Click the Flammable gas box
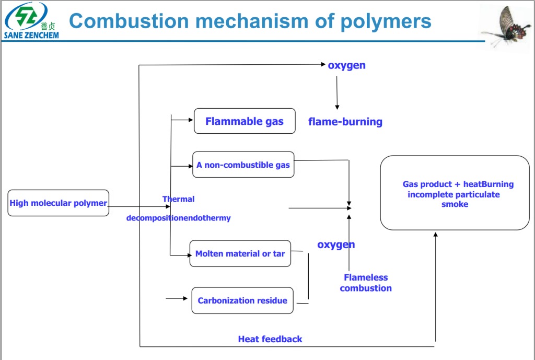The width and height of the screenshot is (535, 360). [x=245, y=121]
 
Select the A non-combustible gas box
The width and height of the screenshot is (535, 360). [x=243, y=165]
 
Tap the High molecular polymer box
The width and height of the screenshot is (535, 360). [x=59, y=203]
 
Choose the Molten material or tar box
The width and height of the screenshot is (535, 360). [x=240, y=253]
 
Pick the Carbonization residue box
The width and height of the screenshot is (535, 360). [x=242, y=300]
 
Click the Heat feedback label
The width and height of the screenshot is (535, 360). [x=270, y=339]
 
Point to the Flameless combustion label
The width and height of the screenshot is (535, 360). [x=366, y=283]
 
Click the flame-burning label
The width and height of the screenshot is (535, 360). [x=345, y=122]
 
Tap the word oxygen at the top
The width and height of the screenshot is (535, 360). [x=346, y=65]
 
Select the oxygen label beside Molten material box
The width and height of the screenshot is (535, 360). [x=336, y=245]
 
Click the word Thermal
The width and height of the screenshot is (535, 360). [x=178, y=199]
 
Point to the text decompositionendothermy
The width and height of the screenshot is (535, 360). [x=178, y=218]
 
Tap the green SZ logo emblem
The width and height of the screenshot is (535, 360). [x=26, y=17]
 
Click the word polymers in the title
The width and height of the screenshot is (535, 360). [x=386, y=21]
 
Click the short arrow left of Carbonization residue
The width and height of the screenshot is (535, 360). [x=177, y=298]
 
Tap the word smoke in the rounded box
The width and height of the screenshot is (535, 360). [x=455, y=204]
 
